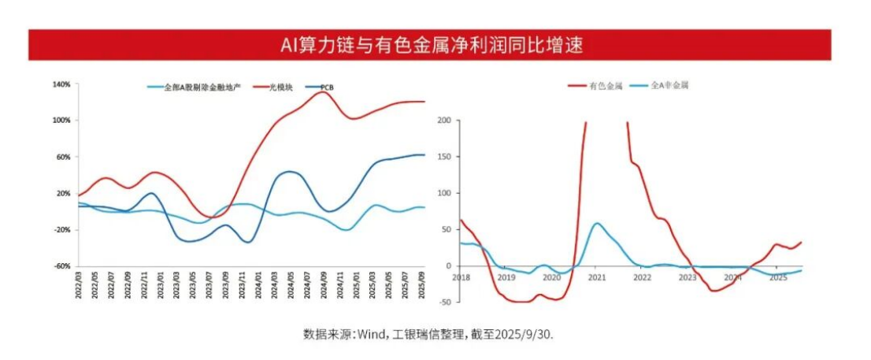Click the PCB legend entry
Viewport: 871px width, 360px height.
(x=325, y=87)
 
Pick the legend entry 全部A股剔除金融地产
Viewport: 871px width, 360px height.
(x=196, y=87)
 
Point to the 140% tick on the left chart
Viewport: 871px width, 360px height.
(x=61, y=84)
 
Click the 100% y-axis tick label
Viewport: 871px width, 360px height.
(x=61, y=121)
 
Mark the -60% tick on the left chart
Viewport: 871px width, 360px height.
(x=61, y=266)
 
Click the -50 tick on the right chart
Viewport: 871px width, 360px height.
(x=443, y=302)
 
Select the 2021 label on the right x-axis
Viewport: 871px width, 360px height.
(x=596, y=277)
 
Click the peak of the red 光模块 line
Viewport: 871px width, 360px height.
(x=321, y=92)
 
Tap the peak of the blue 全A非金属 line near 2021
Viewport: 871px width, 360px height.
(x=597, y=223)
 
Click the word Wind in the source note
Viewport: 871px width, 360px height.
(x=369, y=334)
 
